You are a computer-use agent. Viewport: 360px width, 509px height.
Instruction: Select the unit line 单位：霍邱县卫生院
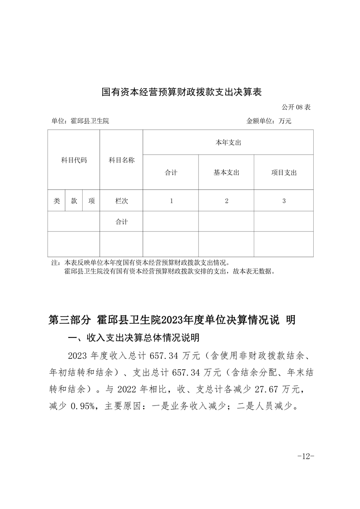point(80,121)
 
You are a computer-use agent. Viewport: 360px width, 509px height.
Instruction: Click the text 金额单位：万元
point(269,121)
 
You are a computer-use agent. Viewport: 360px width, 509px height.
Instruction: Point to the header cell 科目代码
point(74,160)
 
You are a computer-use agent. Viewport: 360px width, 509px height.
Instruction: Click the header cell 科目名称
point(121,160)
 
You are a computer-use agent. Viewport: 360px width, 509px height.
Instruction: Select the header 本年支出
point(228,142)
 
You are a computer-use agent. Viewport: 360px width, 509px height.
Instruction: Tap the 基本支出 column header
point(226,172)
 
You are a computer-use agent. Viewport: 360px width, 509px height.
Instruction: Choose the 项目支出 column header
point(284,172)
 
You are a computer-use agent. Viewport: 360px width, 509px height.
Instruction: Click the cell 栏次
point(121,201)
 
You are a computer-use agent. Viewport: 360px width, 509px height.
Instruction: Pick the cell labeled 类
point(56,201)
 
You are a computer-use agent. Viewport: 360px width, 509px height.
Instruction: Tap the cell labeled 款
point(74,201)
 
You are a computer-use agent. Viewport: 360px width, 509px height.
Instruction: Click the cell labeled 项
point(91,201)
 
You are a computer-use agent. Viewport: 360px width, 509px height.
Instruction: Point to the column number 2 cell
point(226,201)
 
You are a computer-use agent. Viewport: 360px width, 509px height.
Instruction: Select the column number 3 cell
point(284,201)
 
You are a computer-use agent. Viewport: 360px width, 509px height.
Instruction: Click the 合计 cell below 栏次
point(121,222)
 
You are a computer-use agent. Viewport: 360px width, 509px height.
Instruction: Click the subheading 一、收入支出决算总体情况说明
point(133,338)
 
